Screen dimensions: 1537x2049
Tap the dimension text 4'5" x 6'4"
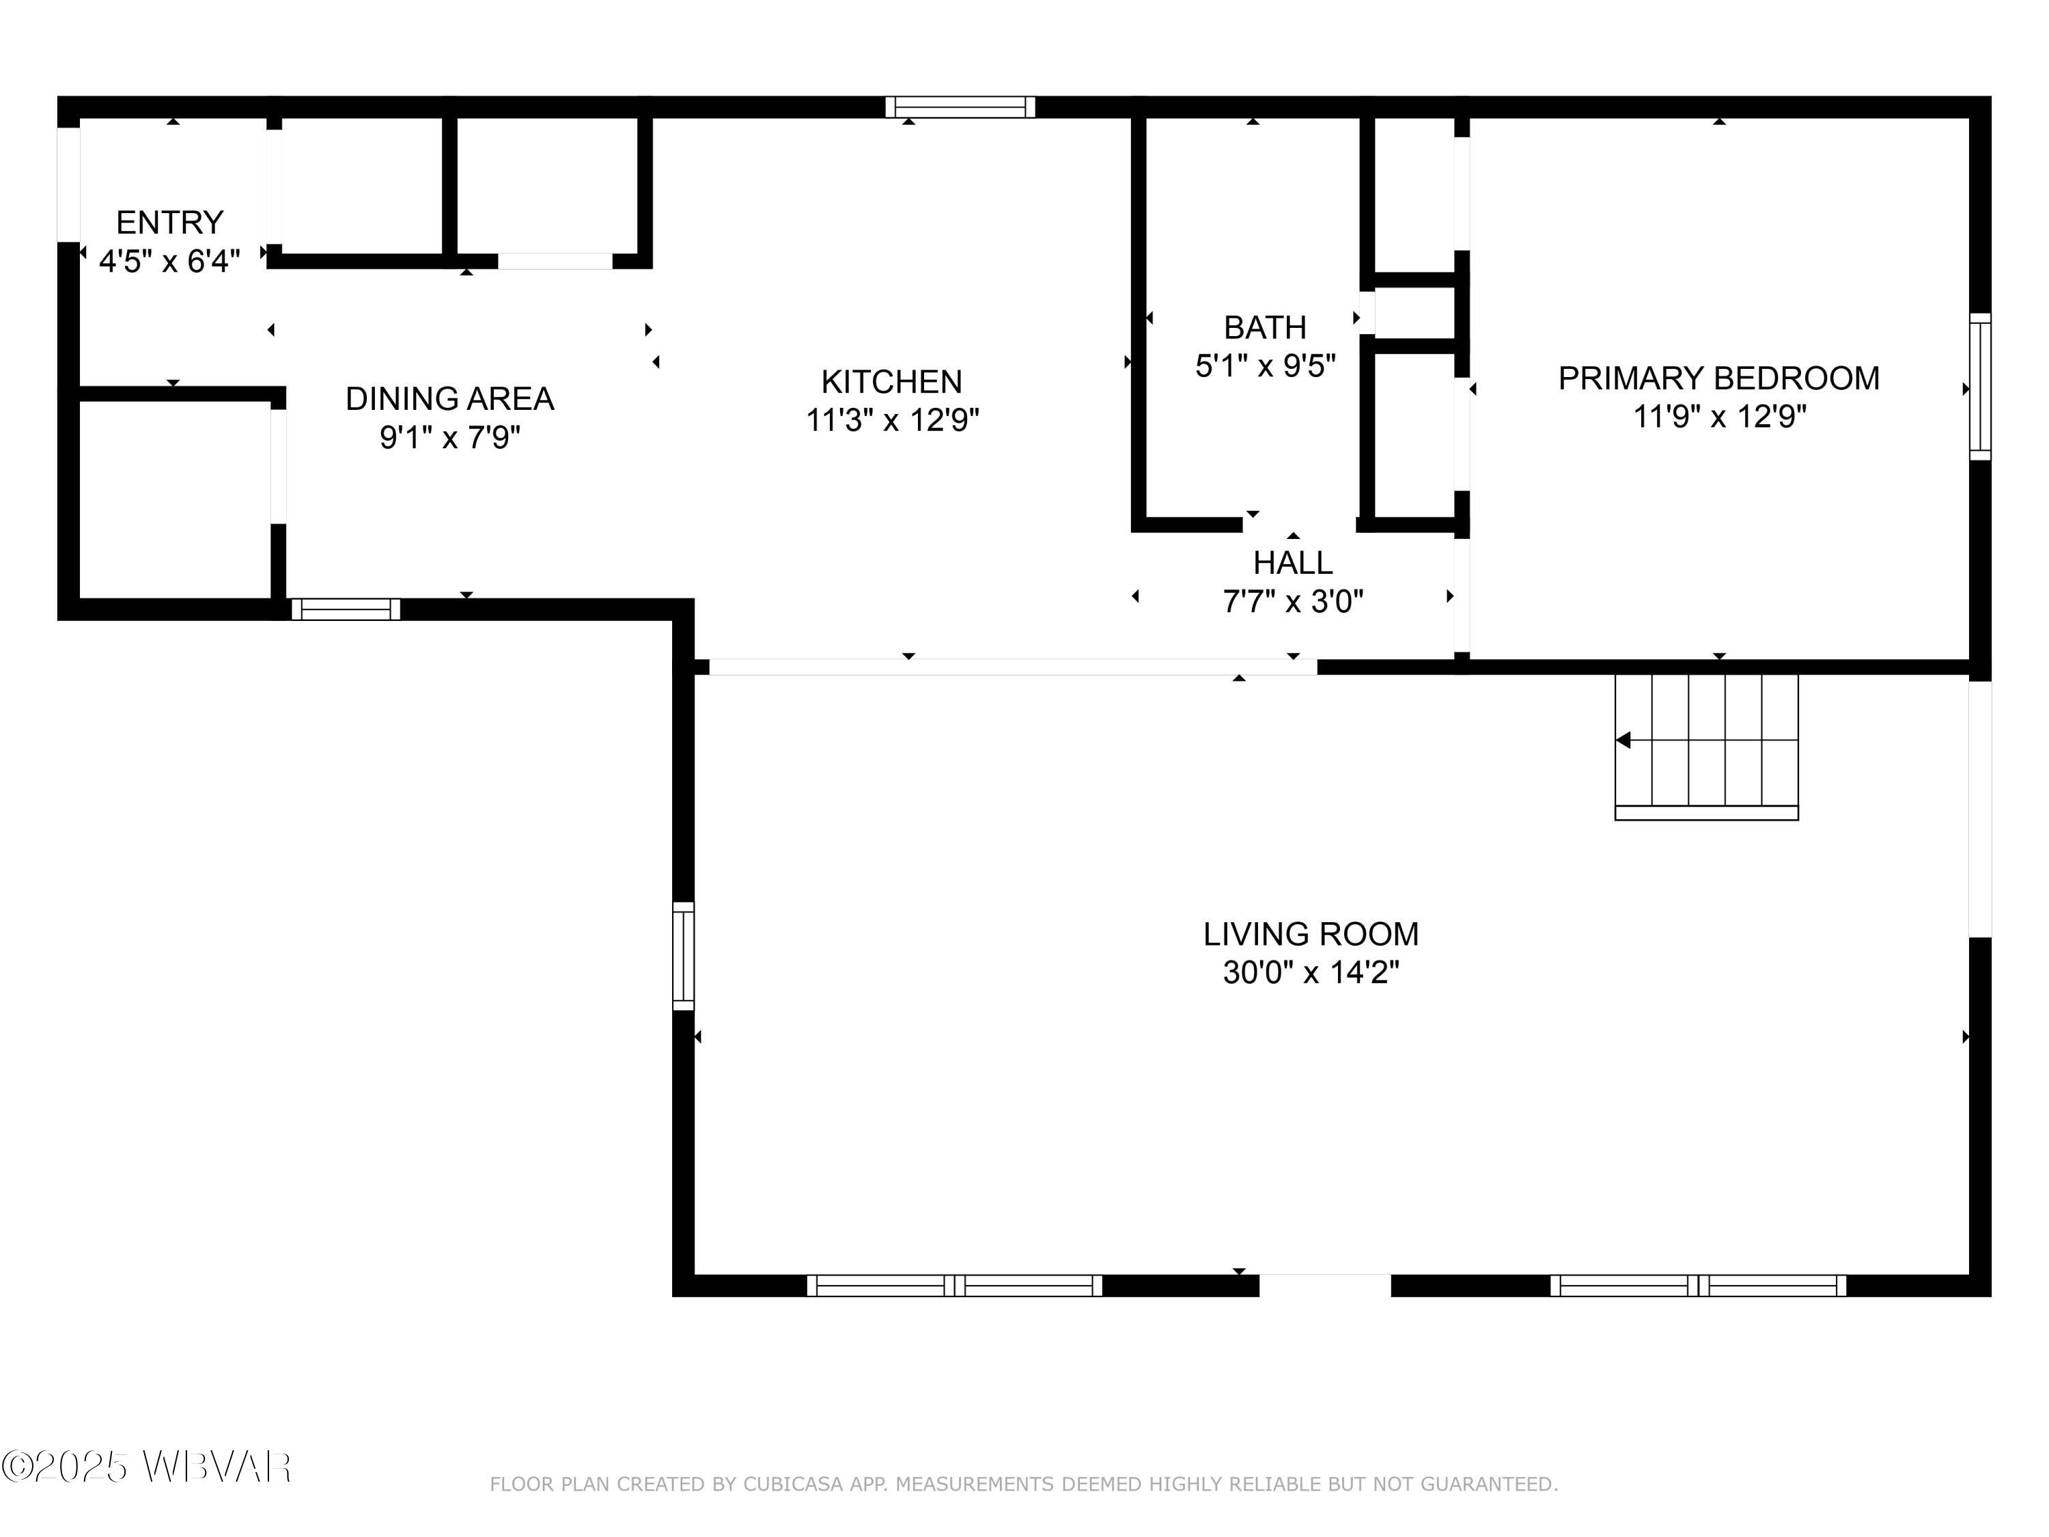click(169, 261)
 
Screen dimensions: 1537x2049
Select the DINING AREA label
click(449, 398)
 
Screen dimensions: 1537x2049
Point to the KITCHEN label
click(891, 382)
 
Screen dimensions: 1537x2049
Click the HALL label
click(1292, 562)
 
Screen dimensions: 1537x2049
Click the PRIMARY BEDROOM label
click(1718, 378)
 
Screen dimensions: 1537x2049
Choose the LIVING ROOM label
click(1311, 934)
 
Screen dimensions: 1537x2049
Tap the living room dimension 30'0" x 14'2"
click(1311, 973)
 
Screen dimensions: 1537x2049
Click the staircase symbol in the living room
click(1706, 746)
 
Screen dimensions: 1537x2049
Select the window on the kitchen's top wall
click(960, 107)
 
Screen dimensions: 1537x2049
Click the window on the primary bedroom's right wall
click(1979, 387)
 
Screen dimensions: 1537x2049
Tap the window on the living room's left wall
click(683, 955)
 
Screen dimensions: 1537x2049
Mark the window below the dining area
click(346, 609)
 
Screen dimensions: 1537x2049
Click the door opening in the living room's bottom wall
click(1324, 1285)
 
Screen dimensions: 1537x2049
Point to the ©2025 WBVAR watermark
click(146, 1467)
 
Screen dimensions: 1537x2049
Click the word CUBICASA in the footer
click(793, 1484)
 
